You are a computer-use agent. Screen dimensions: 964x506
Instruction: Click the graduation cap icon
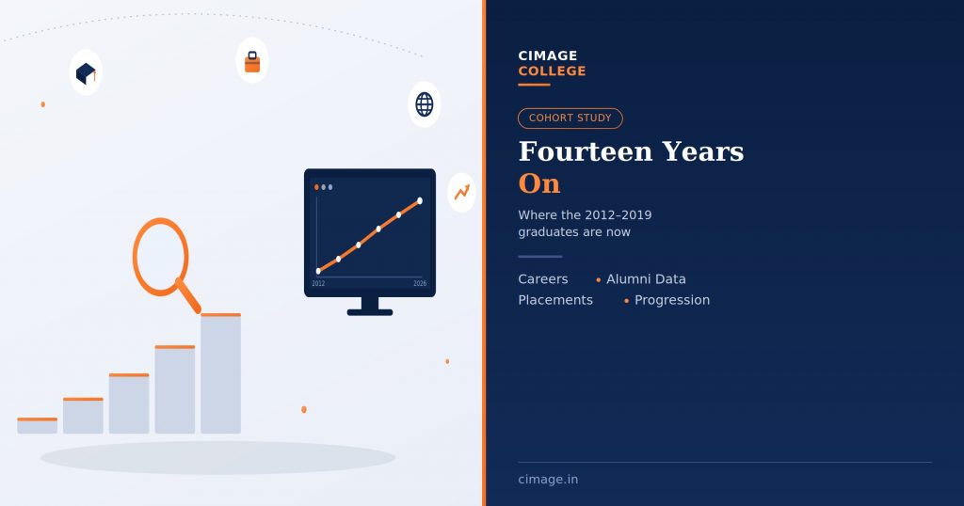tap(86, 73)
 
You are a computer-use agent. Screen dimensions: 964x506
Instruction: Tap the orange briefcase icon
tap(252, 62)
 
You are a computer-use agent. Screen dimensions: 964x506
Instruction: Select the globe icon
tap(425, 104)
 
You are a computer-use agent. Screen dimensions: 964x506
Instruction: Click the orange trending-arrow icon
tap(461, 192)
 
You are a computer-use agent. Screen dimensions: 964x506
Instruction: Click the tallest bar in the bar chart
tap(220, 373)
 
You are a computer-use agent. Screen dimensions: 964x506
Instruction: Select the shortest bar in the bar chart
tap(37, 425)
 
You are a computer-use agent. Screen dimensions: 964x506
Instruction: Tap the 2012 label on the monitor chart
tap(318, 284)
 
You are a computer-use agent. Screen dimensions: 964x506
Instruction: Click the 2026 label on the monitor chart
tap(420, 284)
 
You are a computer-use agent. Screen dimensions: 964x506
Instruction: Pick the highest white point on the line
tap(420, 201)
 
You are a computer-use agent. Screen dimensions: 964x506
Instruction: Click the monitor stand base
tap(369, 312)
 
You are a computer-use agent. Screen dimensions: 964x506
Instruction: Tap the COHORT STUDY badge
tap(570, 118)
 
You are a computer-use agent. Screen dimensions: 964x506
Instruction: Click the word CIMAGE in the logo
tap(548, 55)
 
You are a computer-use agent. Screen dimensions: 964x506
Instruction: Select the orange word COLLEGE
tap(552, 71)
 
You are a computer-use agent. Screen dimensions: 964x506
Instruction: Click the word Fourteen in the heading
tap(586, 151)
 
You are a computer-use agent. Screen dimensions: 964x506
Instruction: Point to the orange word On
tap(539, 183)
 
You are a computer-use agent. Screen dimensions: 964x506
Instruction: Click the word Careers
tap(543, 279)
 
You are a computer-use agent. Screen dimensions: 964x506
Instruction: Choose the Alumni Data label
tap(646, 279)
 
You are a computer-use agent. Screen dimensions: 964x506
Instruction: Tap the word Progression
tap(672, 300)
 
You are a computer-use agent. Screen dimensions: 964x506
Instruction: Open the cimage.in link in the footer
tap(548, 480)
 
